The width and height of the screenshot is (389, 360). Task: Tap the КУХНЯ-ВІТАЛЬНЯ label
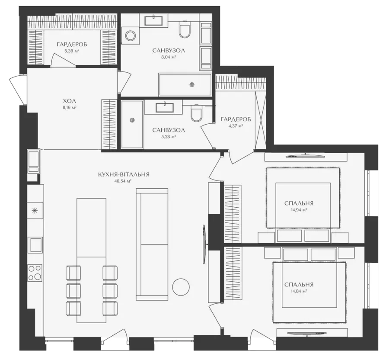[124, 174]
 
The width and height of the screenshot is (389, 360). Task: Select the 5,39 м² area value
[72, 51]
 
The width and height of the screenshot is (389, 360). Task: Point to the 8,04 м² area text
[169, 57]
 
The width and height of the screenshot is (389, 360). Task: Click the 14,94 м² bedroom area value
[299, 210]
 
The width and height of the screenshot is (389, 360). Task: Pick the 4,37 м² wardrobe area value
[236, 126]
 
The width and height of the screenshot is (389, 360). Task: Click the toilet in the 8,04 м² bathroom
[184, 29]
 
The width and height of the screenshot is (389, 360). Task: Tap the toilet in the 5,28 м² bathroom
[197, 113]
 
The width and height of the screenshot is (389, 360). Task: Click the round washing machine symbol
[130, 36]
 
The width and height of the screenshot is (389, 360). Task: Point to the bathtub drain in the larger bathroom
[192, 85]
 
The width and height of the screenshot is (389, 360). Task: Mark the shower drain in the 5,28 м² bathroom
[132, 120]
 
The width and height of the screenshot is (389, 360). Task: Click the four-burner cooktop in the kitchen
[35, 273]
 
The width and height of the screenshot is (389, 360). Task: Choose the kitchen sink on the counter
[35, 245]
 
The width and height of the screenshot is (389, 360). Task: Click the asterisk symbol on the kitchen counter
[35, 211]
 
